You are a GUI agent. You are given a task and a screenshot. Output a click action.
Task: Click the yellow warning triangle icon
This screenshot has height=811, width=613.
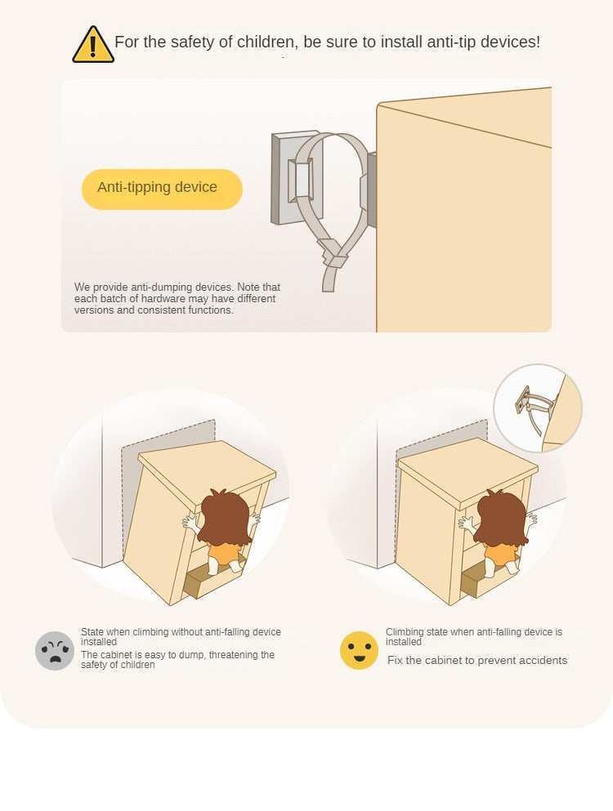tap(93, 45)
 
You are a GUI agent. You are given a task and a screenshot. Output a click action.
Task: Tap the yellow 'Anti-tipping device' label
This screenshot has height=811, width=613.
tap(162, 189)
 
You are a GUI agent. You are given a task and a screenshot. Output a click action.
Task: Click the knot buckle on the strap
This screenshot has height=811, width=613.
tap(333, 253)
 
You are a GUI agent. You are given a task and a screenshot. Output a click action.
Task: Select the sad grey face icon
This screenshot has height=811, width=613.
tap(55, 651)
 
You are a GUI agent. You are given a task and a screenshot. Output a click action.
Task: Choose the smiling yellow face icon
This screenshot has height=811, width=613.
tap(360, 650)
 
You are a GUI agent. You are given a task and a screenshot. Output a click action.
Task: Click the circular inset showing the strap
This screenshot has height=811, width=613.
tap(538, 408)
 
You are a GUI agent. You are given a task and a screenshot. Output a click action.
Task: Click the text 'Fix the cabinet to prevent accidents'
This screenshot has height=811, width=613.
tap(477, 661)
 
